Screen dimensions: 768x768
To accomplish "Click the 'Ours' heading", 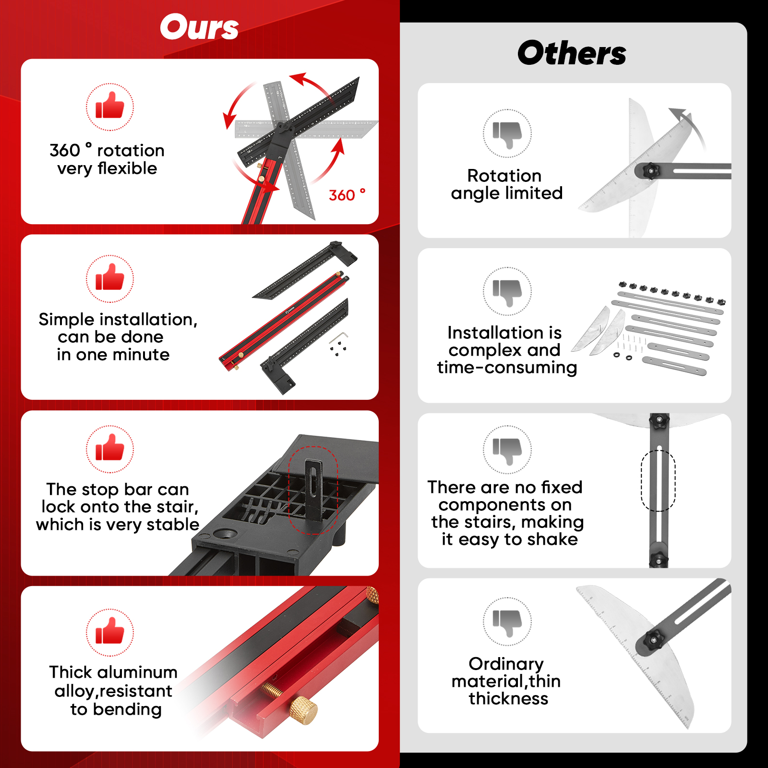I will [x=199, y=27].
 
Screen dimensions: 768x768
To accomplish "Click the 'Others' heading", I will [x=572, y=53].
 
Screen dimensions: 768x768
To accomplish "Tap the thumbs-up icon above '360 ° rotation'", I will [x=110, y=106].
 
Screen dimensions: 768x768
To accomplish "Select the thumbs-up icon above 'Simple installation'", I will [x=110, y=278].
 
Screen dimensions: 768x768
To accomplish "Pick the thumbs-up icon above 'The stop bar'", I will [x=110, y=448].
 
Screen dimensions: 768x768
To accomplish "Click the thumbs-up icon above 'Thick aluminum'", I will [x=110, y=632].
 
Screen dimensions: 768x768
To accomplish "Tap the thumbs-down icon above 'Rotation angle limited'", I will [x=507, y=133].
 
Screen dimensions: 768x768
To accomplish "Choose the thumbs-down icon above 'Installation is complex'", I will [x=507, y=291].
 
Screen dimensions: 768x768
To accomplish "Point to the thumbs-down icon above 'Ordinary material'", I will [x=507, y=621].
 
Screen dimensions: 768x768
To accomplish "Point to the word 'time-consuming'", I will [x=507, y=368].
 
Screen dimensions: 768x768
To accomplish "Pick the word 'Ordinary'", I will [x=506, y=664].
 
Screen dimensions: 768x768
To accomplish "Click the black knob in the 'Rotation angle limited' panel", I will [x=650, y=170].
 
